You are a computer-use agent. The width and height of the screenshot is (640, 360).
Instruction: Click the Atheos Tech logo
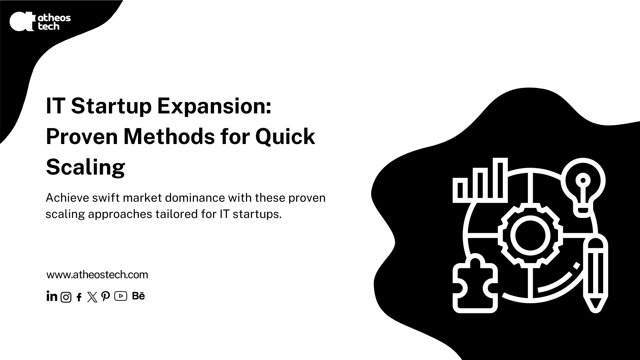[40, 21]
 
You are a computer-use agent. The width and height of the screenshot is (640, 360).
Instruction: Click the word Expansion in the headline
[214, 107]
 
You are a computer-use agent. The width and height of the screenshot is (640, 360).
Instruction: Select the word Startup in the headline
[111, 107]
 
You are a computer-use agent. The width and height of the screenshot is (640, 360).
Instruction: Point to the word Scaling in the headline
[85, 168]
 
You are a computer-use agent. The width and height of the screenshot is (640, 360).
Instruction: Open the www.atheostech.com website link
[97, 275]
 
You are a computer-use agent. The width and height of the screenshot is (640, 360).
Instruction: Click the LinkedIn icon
[52, 296]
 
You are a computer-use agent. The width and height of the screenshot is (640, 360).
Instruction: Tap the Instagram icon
[66, 297]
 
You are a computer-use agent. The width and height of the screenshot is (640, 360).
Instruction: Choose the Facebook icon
[79, 297]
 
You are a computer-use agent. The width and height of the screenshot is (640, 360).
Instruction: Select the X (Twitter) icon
[92, 297]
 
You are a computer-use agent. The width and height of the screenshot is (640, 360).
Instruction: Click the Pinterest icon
[105, 297]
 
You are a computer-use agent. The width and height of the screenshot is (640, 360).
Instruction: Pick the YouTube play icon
[121, 296]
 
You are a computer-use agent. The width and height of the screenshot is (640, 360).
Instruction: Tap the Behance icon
[139, 296]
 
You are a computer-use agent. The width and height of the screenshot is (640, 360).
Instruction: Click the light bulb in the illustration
[583, 187]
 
